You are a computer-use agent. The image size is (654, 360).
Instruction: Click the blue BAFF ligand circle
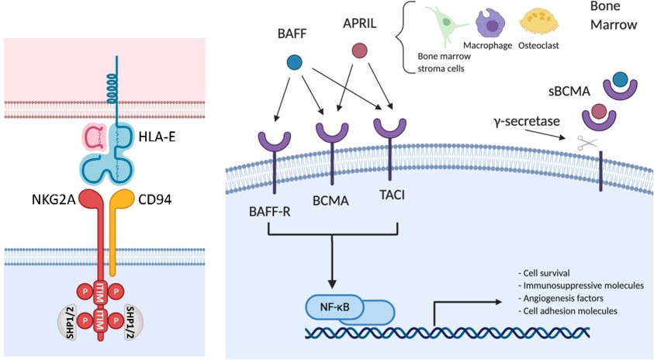click(x=294, y=61)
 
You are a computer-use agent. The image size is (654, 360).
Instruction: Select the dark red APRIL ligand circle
click(x=359, y=51)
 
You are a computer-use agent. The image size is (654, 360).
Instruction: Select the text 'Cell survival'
click(x=544, y=273)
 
